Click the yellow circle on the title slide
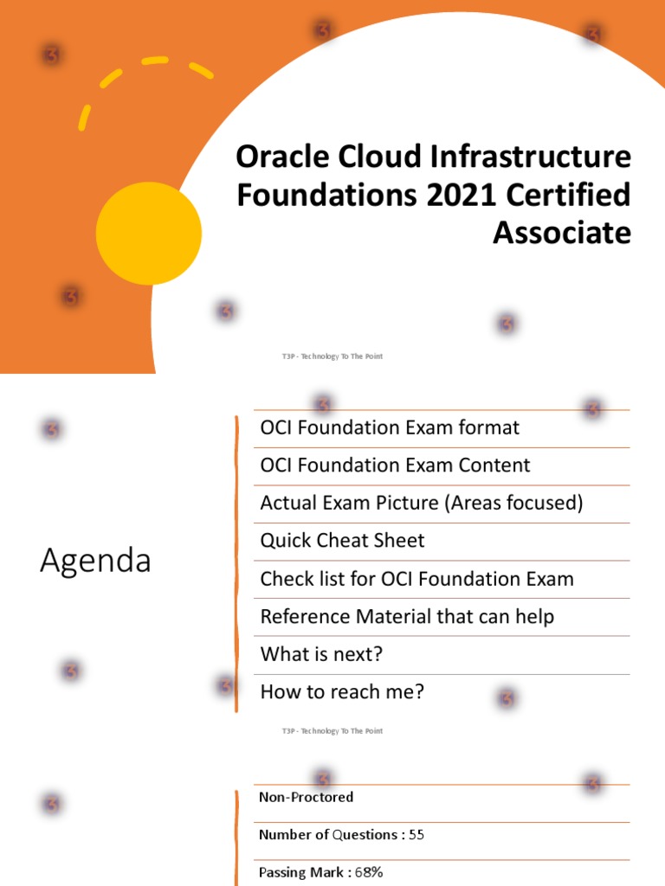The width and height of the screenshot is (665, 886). click(149, 234)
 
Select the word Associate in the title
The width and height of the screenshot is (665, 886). click(562, 232)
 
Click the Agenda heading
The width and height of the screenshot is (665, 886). click(95, 561)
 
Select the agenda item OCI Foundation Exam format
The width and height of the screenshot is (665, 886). click(390, 427)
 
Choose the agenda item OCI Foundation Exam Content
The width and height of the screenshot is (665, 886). click(395, 465)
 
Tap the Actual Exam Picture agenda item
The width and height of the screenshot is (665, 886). click(422, 503)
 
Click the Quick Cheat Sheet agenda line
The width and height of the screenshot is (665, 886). click(342, 541)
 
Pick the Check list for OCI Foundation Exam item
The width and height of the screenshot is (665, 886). click(416, 579)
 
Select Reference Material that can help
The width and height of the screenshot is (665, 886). click(407, 617)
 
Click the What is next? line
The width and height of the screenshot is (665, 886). click(321, 654)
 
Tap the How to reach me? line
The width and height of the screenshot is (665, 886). click(342, 692)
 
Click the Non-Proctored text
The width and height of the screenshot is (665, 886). click(306, 797)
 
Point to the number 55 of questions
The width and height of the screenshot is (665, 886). click(416, 835)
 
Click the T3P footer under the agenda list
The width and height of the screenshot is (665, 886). click(332, 731)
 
